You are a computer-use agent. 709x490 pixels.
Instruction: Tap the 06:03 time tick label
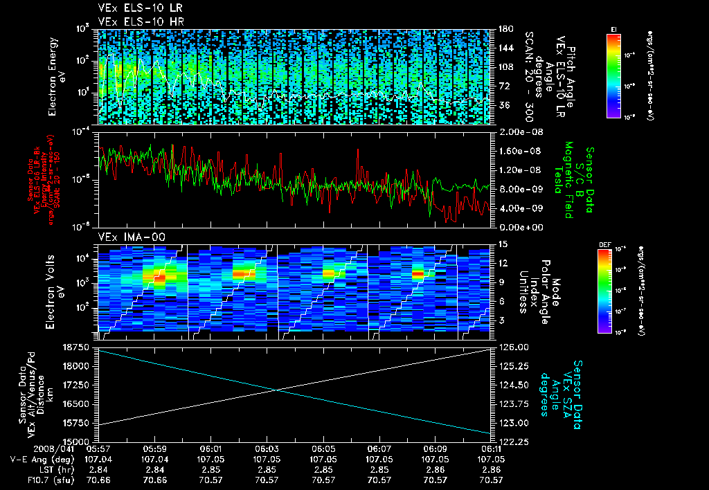pos(267,448)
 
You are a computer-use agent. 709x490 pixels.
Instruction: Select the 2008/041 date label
pos(26,448)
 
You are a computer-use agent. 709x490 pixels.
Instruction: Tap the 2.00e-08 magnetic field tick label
pos(514,131)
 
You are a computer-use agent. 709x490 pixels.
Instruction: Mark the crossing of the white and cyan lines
pos(278,390)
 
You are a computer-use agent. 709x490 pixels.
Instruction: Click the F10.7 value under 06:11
pos(491,480)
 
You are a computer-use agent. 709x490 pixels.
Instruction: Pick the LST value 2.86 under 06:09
pos(435,469)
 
